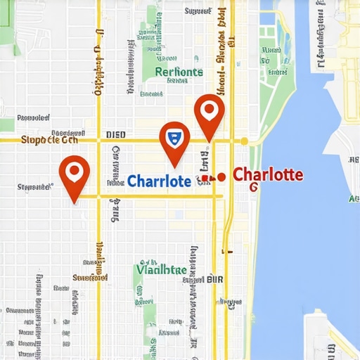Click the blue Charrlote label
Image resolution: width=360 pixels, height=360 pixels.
(x=160, y=181)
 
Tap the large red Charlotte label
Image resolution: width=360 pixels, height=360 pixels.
(x=268, y=174)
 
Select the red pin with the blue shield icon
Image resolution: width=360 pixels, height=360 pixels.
(x=174, y=138)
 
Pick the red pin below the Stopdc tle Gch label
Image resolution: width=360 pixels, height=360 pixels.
(x=74, y=173)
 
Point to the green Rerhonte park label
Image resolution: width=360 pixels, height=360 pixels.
(x=179, y=72)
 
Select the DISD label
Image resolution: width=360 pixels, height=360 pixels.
(x=115, y=134)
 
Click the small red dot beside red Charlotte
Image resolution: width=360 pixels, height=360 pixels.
(x=221, y=176)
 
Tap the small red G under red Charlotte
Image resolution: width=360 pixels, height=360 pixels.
(x=254, y=187)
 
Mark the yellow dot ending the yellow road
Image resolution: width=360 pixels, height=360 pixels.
(x=244, y=141)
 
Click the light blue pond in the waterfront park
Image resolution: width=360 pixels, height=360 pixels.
(x=284, y=32)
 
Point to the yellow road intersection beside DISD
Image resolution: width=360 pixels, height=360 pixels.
(x=98, y=140)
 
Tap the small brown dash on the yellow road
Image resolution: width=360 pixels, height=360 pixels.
(x=226, y=250)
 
